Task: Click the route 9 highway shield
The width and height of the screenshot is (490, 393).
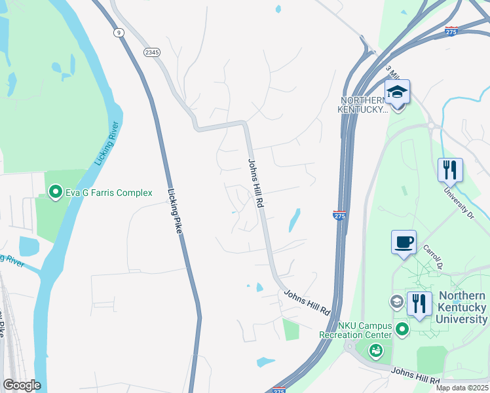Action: click(118, 33)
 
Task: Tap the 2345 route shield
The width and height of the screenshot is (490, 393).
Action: click(152, 52)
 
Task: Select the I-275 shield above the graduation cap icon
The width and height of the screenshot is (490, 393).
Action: click(451, 31)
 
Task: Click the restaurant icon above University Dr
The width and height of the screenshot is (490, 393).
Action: click(450, 170)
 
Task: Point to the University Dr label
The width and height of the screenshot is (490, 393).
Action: click(458, 202)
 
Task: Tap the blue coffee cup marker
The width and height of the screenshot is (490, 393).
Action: click(404, 242)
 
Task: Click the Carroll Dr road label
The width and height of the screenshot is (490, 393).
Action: click(432, 257)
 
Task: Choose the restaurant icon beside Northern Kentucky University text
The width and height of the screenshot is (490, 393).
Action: click(419, 304)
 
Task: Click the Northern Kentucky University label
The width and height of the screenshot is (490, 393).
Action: click(463, 307)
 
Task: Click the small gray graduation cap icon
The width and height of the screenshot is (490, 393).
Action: click(396, 302)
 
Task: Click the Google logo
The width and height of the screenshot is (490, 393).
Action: click(22, 385)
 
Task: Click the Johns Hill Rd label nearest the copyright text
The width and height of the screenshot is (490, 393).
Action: click(415, 376)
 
